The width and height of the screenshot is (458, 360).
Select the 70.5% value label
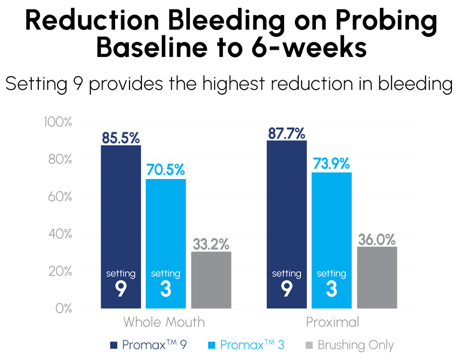click(165, 170)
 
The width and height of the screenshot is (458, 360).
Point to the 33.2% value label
click(211, 244)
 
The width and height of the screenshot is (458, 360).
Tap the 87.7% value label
click(287, 133)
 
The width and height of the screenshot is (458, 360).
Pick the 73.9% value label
click(332, 165)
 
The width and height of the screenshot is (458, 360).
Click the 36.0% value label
click(377, 239)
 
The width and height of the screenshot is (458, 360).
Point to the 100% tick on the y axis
click(58, 122)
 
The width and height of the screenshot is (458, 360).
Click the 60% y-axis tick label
click(60, 196)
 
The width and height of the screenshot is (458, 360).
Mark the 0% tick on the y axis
click(64, 308)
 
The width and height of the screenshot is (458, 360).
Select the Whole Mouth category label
click(164, 322)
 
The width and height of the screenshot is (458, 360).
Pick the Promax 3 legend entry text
click(249, 345)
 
